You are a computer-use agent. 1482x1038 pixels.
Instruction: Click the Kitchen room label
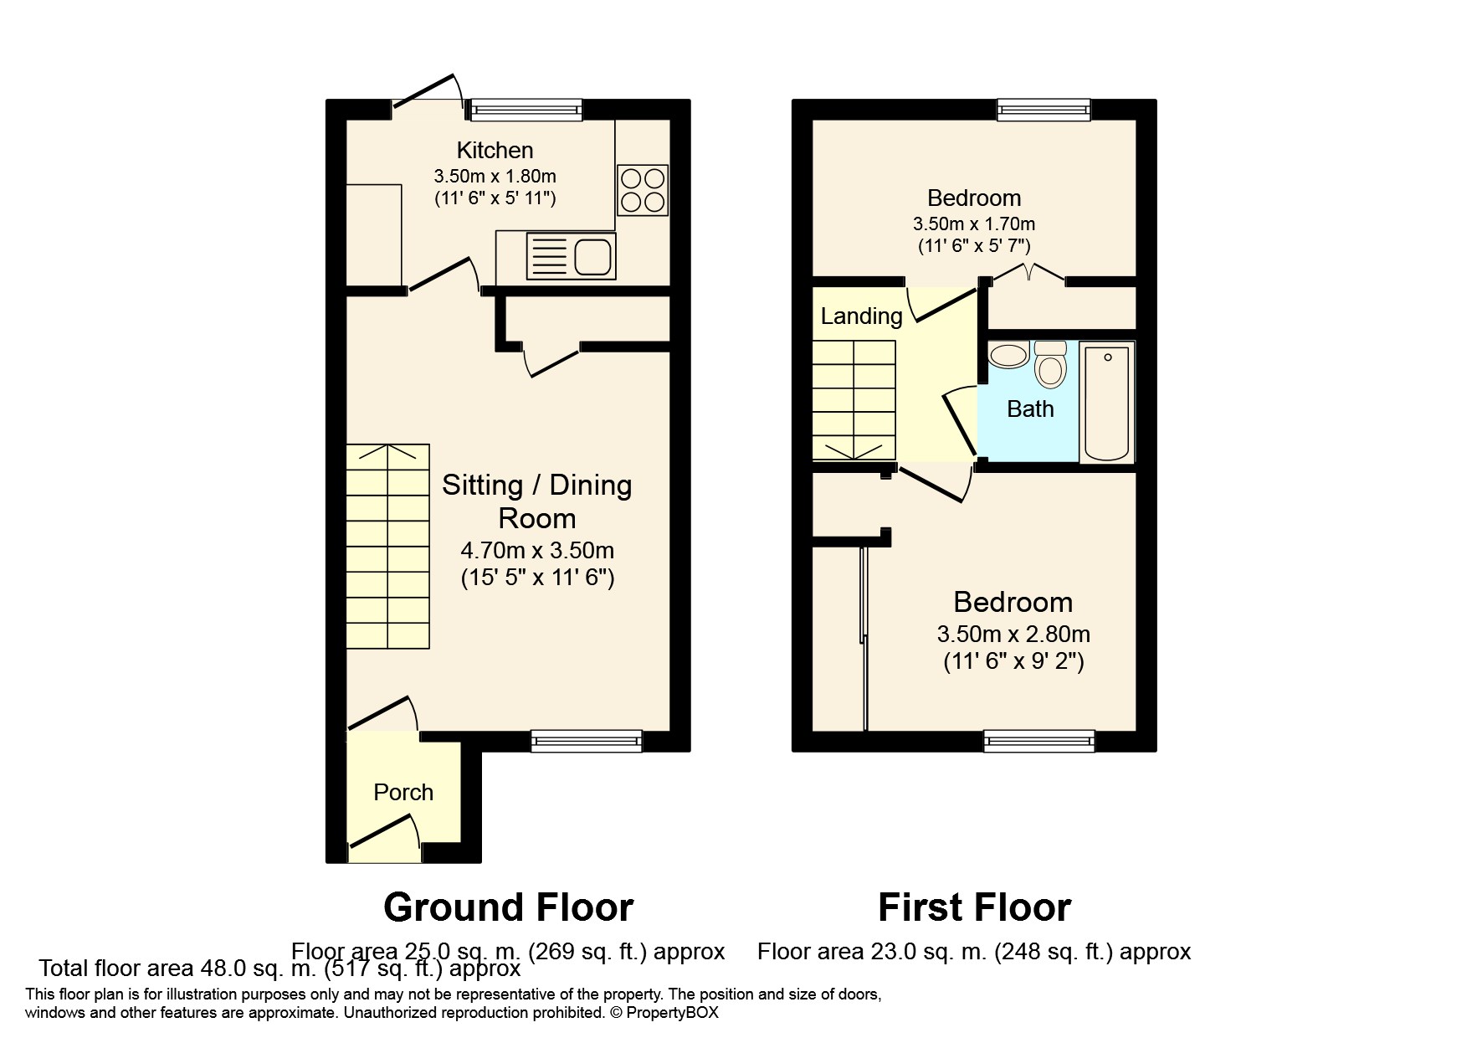(495, 151)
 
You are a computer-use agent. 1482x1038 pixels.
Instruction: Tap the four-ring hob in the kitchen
(643, 190)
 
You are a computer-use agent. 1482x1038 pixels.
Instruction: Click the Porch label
(403, 792)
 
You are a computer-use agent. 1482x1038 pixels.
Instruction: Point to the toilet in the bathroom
(1049, 365)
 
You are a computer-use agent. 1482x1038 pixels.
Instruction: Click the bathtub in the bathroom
(1106, 403)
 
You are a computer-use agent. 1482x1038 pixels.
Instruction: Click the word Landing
(861, 316)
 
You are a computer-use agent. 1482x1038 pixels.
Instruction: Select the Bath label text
(1030, 409)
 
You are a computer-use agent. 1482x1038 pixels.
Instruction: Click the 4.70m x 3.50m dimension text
(537, 551)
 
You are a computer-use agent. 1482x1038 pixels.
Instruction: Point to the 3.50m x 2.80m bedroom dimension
(1013, 635)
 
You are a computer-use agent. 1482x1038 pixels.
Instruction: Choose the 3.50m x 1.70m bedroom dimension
(974, 224)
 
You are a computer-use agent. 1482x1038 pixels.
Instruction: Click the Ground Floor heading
(508, 907)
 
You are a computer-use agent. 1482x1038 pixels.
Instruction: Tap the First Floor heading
(974, 907)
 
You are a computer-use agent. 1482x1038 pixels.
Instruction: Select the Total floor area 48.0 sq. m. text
(279, 969)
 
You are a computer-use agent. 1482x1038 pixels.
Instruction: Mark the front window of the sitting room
(586, 738)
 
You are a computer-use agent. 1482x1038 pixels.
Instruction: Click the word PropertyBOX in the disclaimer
(673, 1013)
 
